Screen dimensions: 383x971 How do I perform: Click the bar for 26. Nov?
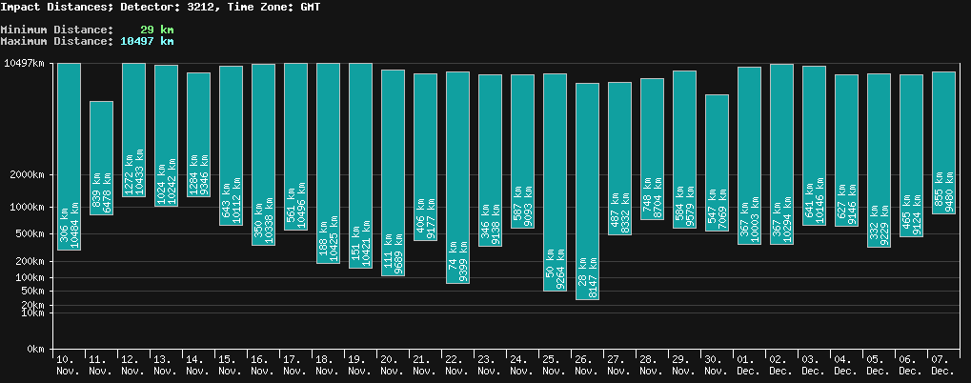(x=588, y=191)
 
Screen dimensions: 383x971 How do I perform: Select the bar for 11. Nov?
(x=102, y=157)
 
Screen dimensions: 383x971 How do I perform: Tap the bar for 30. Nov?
(x=718, y=162)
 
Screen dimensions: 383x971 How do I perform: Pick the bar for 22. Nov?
(x=458, y=177)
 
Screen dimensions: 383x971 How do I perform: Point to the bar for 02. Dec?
(x=782, y=153)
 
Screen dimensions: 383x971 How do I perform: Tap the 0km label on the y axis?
(x=35, y=350)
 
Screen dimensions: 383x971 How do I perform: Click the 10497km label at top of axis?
(x=25, y=64)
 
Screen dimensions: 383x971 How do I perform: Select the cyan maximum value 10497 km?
(x=147, y=41)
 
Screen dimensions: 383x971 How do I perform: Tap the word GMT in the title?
(x=309, y=7)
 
